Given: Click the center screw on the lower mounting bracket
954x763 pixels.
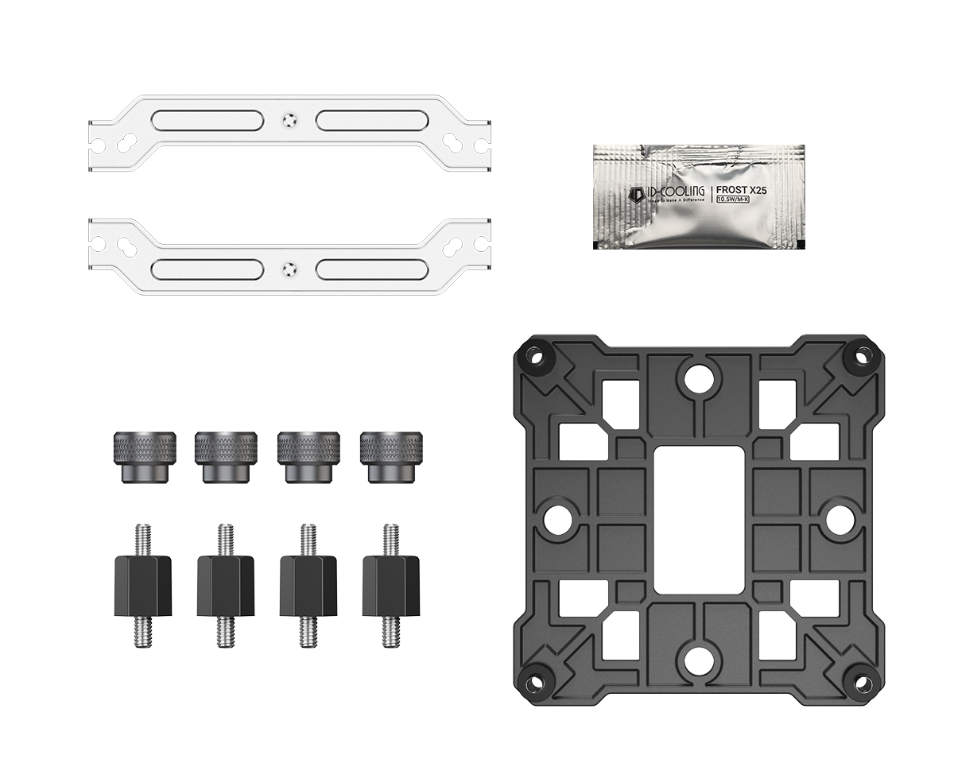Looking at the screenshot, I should tap(289, 268).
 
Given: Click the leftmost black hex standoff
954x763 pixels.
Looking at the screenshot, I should tap(144, 585).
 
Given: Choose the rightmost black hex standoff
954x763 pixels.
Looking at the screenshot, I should tap(390, 585).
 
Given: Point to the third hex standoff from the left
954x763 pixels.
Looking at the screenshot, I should tap(308, 585).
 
